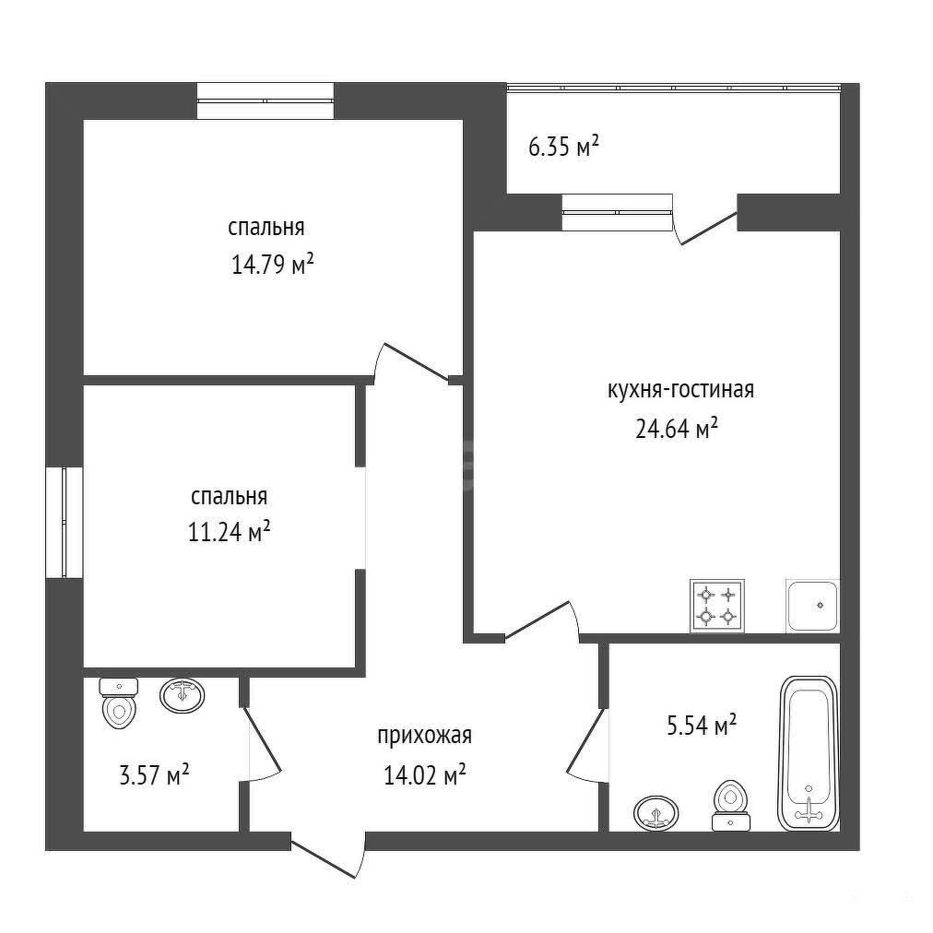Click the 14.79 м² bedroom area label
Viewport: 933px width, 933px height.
[x=272, y=265]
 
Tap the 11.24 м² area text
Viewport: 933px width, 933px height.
[x=229, y=531]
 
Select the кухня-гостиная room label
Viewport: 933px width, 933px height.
[x=680, y=390]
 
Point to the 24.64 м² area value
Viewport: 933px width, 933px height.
[x=677, y=428]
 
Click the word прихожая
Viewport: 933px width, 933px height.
[x=424, y=736]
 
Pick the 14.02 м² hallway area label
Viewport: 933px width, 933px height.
[x=424, y=774]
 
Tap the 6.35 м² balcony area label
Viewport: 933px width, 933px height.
[x=563, y=146]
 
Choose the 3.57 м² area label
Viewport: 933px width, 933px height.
[x=154, y=775]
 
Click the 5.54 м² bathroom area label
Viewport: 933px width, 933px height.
[x=702, y=726]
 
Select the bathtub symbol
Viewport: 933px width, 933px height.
[x=808, y=753]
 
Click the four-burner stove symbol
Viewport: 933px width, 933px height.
[x=717, y=606]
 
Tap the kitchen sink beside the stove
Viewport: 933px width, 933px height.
[x=813, y=606]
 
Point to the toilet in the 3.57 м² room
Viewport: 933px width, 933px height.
[x=119, y=703]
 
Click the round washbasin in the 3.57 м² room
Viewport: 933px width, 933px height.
[x=182, y=695]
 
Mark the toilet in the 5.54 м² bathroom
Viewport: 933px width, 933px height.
[x=731, y=806]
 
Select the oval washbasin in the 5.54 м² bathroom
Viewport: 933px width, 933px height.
[x=656, y=813]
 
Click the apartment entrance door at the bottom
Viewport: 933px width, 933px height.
[x=328, y=855]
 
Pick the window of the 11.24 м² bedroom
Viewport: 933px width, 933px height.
[x=65, y=523]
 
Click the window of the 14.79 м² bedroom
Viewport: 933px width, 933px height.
[x=266, y=101]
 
